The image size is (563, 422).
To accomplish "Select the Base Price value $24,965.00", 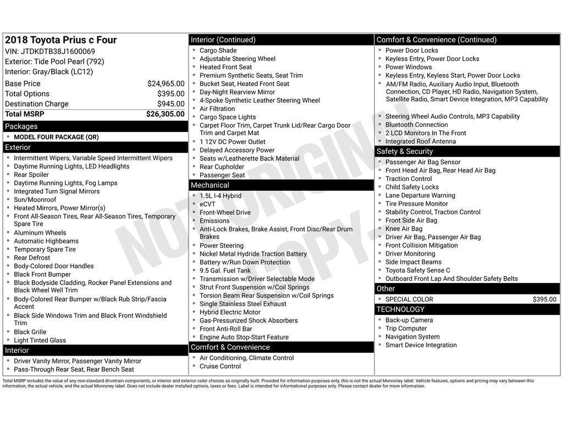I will (165, 84).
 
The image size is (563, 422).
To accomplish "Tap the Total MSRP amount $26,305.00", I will (165, 114).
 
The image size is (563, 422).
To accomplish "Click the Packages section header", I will (21, 126).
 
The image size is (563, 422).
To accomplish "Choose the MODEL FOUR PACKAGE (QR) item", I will (56, 137).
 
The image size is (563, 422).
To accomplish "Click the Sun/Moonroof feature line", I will (35, 200).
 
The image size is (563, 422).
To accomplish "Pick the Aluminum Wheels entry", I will (40, 233).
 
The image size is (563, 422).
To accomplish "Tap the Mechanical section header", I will (210, 185).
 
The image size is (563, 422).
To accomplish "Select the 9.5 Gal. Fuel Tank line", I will (225, 271).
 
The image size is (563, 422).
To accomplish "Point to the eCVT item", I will (207, 204).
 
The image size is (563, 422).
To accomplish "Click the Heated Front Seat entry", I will (225, 67).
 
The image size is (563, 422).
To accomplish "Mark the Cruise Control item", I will (220, 367).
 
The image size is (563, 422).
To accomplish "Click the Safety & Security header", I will (405, 152).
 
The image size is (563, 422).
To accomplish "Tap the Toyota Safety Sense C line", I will (417, 270).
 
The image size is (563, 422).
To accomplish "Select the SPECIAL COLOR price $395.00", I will (544, 299).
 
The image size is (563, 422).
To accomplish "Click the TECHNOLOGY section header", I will (400, 309).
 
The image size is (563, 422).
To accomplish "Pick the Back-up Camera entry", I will (409, 320).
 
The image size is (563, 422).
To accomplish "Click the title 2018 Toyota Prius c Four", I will (61, 40).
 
